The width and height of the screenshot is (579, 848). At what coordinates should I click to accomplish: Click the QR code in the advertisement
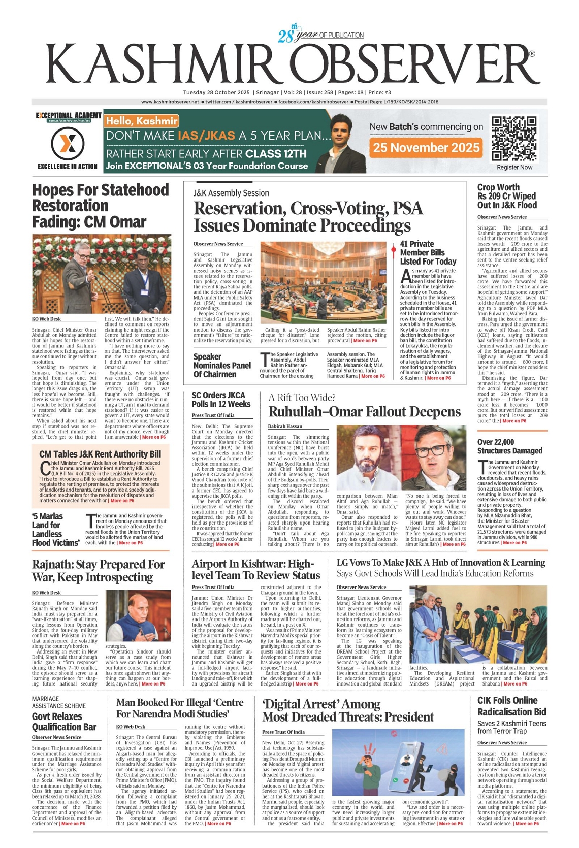pos(514,138)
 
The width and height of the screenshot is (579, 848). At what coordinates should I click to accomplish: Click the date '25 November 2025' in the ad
pos(426,148)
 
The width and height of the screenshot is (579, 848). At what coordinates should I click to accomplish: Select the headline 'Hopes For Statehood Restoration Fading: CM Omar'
pos(100,206)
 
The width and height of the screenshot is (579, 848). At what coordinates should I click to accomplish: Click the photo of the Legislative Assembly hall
pos(323,282)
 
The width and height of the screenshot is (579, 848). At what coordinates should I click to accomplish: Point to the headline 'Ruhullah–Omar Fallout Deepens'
pos(364,412)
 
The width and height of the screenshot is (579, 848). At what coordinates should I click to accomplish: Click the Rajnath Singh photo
pos(138,615)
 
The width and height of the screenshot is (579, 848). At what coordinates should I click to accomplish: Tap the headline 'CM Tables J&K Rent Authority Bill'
pos(100,454)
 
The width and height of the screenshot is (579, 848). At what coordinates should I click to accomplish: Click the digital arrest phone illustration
pos(398,762)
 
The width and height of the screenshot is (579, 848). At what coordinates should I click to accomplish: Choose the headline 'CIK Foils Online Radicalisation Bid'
pos(511,706)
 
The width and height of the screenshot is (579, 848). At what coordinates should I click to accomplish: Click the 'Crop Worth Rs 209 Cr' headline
pos(506,196)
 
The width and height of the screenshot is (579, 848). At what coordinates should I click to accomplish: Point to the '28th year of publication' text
pos(320,35)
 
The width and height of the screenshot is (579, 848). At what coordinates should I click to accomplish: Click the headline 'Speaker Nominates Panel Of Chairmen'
pos(222,365)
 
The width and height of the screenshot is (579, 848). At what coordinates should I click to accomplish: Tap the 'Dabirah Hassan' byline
pos(285,426)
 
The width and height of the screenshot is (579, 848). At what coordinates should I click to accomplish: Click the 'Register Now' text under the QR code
pos(514,167)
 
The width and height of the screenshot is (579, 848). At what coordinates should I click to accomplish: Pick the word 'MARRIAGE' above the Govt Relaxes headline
pos(45,699)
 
